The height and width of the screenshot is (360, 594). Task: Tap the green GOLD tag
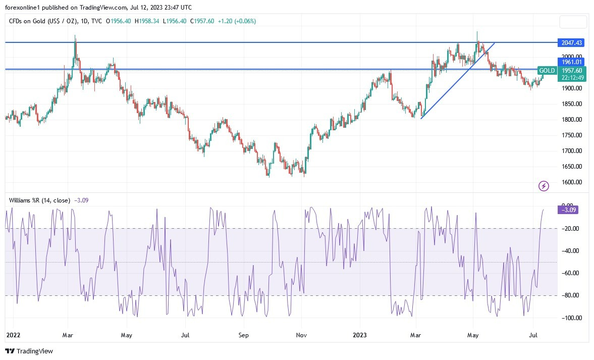coord(547,70)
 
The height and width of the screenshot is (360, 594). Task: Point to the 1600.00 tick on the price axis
coord(571,182)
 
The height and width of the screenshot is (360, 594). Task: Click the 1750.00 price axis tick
coord(571,135)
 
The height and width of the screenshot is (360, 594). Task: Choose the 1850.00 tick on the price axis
coord(571,104)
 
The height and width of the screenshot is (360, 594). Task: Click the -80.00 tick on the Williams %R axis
coord(570,295)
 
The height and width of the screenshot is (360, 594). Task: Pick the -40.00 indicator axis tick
coord(570,251)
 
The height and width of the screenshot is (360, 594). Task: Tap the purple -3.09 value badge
coord(568,210)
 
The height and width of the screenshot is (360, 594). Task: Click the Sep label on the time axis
coord(244,334)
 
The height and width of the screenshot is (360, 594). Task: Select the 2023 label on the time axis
coord(360,334)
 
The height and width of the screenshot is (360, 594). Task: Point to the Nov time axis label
coord(301,334)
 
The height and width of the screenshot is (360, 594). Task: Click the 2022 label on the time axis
coord(14,334)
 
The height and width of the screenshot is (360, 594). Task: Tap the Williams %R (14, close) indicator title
coord(39,200)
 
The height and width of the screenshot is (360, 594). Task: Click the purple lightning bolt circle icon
coord(544,186)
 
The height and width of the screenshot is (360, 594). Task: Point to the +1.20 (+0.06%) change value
coord(237,21)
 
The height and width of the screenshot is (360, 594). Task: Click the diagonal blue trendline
coord(457,80)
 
